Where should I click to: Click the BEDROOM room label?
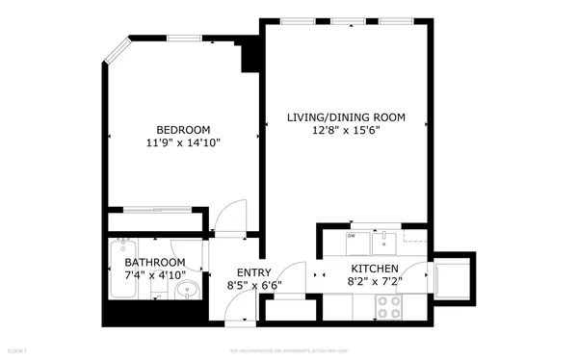click(x=183, y=129)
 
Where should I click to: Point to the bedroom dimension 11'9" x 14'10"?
click(x=183, y=142)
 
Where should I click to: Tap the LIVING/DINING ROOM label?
click(x=346, y=117)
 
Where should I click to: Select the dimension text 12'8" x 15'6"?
click(x=346, y=131)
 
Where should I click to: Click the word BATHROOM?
click(x=155, y=263)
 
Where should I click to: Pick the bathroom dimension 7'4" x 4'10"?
click(x=155, y=275)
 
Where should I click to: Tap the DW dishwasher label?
click(x=352, y=236)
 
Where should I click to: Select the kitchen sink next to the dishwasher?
click(x=384, y=237)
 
